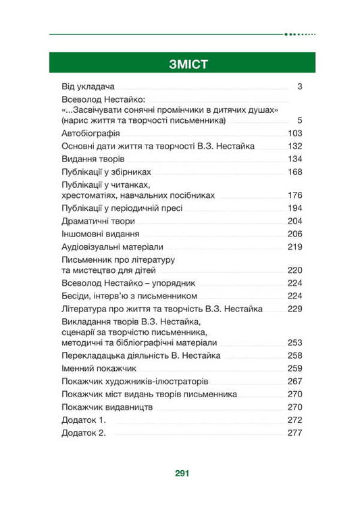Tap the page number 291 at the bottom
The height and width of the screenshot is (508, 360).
coord(180,474)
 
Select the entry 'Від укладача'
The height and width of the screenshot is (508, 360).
coord(88,86)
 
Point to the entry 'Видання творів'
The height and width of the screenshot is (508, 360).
coord(93,159)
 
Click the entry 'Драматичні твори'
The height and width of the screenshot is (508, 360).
coord(98,221)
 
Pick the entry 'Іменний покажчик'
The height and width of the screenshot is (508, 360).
coord(99,368)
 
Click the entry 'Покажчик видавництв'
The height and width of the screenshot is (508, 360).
coord(107,407)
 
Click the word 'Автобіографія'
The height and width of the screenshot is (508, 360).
coord(91,133)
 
